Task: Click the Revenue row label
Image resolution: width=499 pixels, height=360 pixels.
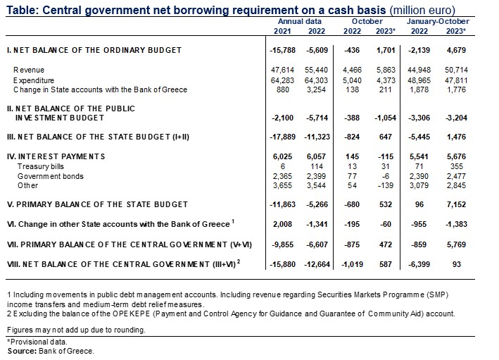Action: pos(30,70)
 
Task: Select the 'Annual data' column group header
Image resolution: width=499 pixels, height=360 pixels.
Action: pos(296,22)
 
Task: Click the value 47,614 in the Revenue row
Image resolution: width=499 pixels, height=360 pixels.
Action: pos(283,70)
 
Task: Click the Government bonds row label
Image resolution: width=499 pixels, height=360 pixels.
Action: pos(47,175)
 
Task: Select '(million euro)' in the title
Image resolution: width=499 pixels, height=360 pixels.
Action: pos(410,9)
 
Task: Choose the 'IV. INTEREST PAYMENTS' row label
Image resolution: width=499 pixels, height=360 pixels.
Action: pos(56,155)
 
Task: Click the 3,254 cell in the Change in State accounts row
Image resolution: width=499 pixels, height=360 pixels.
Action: pos(315,90)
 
